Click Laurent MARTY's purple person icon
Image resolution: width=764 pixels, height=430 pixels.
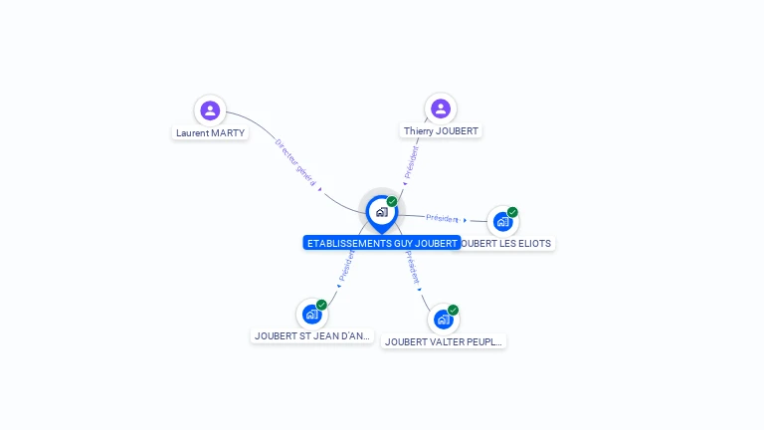(210, 109)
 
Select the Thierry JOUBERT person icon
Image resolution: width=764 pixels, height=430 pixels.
(441, 107)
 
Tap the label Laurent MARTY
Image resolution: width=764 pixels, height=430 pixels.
(210, 132)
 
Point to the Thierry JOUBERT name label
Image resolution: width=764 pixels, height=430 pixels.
(441, 130)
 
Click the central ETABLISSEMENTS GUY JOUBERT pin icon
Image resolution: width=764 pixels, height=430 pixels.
(381, 211)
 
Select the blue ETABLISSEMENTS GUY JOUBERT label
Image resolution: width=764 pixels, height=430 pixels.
(382, 243)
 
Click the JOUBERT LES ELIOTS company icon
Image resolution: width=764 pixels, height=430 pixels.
(502, 221)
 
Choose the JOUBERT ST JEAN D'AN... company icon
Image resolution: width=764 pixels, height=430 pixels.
(312, 314)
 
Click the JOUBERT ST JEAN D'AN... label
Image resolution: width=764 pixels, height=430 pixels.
(312, 335)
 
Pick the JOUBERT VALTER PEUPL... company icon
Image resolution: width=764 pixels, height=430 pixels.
(444, 319)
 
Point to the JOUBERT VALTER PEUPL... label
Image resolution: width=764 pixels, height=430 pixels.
(444, 341)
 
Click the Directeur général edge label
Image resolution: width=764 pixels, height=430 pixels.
(295, 162)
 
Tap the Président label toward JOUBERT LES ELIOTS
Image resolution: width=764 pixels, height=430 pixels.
(442, 218)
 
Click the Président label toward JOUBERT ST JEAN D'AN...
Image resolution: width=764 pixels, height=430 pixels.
(347, 264)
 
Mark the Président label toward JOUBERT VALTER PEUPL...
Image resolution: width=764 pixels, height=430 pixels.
(412, 267)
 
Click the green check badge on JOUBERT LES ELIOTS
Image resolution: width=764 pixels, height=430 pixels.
(512, 212)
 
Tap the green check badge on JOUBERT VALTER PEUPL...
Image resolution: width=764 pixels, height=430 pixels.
(453, 310)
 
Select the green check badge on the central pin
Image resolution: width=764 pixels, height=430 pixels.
(392, 202)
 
